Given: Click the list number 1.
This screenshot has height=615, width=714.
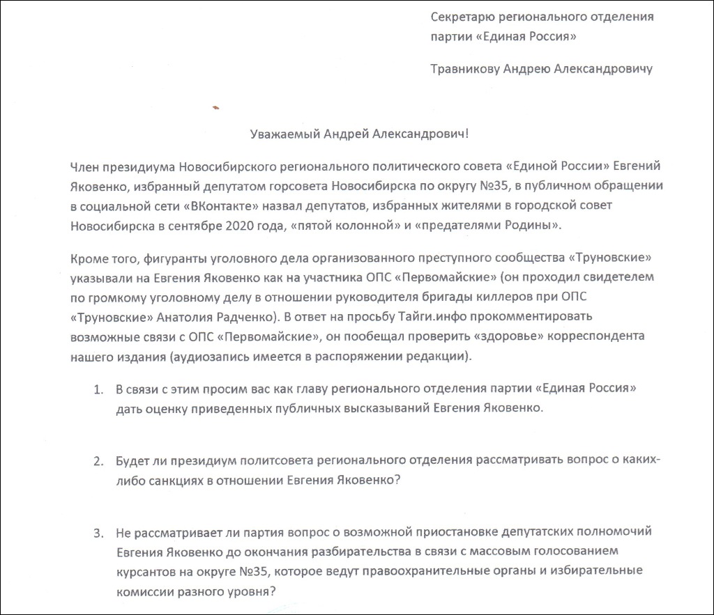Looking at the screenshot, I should (x=98, y=388).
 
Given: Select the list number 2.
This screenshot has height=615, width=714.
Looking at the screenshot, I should (x=98, y=461).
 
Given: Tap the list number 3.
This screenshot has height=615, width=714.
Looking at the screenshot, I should (x=98, y=534).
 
